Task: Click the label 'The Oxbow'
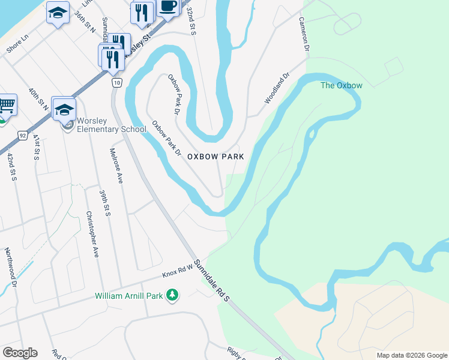point(341,85)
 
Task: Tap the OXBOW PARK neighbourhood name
point(215,156)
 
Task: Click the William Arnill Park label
point(129,296)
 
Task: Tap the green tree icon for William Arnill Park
point(172,295)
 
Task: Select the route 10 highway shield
point(116,82)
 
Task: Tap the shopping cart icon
point(6,105)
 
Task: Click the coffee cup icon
point(168,6)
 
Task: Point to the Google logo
point(20,353)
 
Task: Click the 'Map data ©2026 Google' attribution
point(411,355)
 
